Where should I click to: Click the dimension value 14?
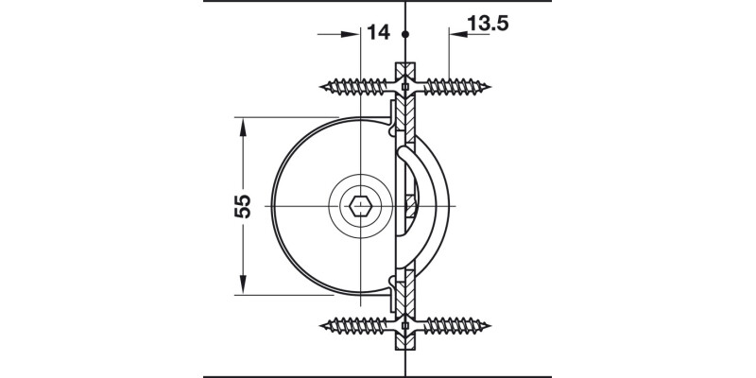coord(378,32)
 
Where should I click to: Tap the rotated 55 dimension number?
coord(241,206)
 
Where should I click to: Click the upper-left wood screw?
coord(357,89)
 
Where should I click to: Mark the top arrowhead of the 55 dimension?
coord(243,124)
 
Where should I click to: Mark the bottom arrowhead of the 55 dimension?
coord(243,287)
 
